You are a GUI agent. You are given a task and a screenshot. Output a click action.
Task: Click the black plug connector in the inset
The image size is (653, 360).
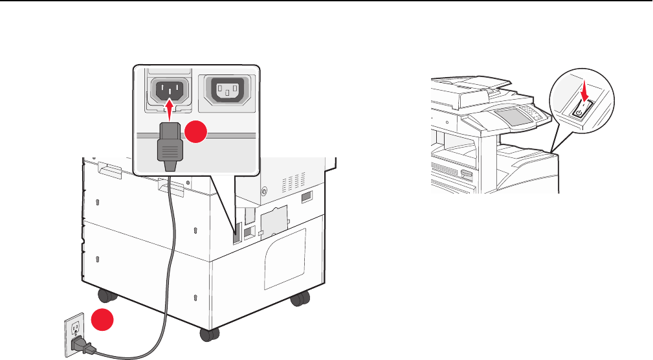169,143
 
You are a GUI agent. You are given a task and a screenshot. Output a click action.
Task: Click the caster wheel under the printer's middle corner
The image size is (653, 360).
208,334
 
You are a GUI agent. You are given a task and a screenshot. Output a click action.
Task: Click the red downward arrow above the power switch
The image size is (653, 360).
584,92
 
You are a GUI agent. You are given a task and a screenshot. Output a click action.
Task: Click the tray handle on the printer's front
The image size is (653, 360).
467,175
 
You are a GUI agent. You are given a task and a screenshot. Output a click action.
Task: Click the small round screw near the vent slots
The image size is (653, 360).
263,191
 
